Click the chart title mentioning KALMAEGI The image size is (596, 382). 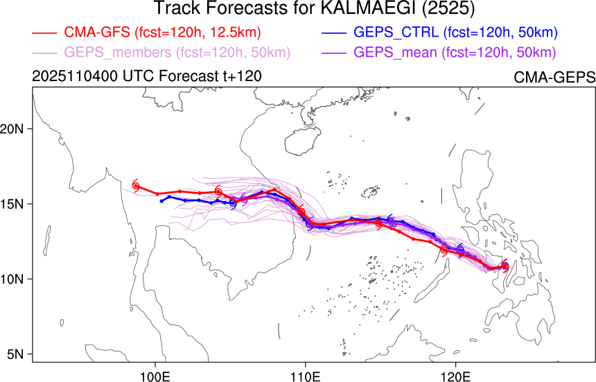[x=297, y=9]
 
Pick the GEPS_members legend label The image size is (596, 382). [x=177, y=53]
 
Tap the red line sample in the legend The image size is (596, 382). [x=44, y=33]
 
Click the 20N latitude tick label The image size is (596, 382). [x=14, y=129]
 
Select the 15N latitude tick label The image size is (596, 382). [x=14, y=204]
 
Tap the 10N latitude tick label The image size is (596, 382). [x=14, y=279]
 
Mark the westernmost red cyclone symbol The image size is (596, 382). [x=136, y=186]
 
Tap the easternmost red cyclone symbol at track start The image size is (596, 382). [x=505, y=266]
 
